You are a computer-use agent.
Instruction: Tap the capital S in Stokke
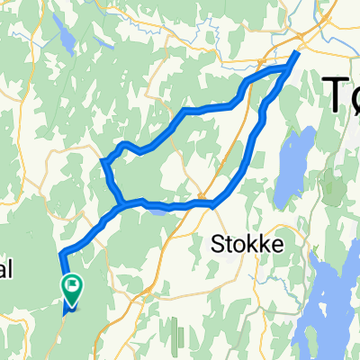[x=216, y=243]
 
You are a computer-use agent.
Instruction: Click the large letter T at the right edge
[x=334, y=94]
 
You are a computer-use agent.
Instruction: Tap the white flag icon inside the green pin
[x=71, y=284]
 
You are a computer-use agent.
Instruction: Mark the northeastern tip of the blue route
[x=298, y=53]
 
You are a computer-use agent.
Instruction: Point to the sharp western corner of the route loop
[x=104, y=162]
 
